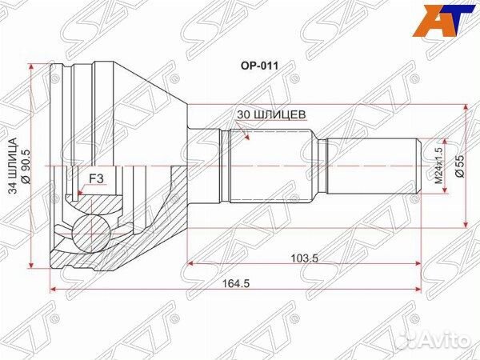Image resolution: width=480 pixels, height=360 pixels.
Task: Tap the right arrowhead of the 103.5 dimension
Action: point(415,262)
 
